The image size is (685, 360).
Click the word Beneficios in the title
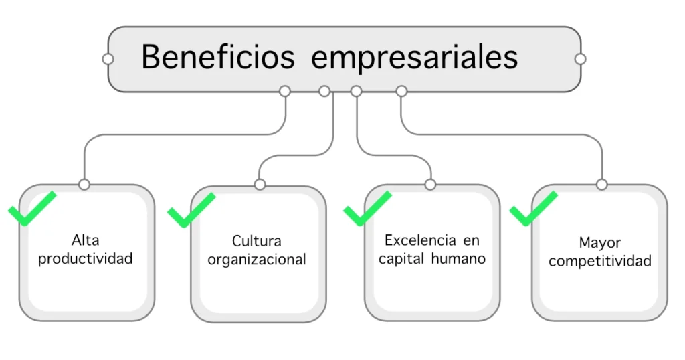[217, 57]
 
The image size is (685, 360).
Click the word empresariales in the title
[415, 58]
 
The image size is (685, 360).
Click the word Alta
[85, 240]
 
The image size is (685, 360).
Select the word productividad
[85, 258]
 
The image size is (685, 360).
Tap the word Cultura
[257, 241]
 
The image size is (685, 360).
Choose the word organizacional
[257, 260]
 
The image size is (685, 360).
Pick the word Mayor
[600, 242]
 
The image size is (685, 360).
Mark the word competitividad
[600, 261]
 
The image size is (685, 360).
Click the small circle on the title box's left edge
[108, 59]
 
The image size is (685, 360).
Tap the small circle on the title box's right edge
[580, 59]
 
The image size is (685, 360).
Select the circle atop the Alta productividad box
[84, 184]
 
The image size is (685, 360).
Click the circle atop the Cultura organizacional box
[260, 185]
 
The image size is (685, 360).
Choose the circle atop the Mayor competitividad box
[601, 184]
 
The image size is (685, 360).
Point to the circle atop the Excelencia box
[430, 184]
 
